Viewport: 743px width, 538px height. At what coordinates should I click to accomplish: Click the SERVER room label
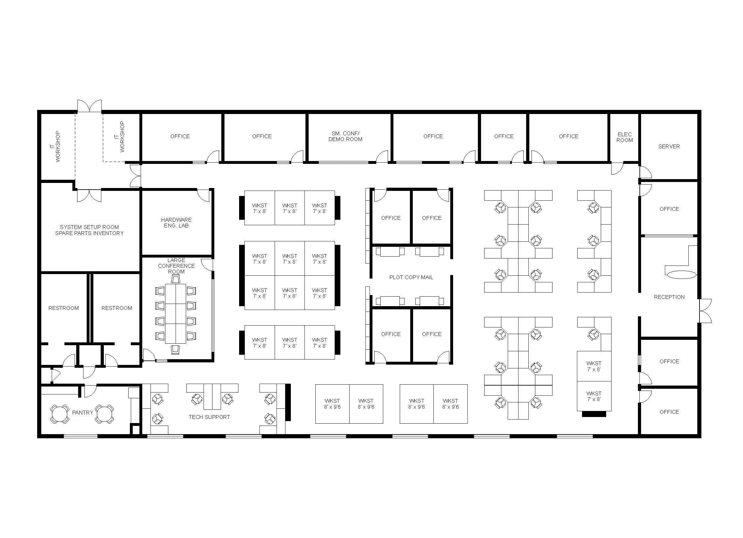[669, 146]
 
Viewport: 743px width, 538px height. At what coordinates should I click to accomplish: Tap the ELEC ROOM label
[625, 137]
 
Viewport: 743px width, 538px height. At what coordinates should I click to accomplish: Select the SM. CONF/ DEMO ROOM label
[345, 136]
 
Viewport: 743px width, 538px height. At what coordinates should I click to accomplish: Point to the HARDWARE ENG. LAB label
[176, 223]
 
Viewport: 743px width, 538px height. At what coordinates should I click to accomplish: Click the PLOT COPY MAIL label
[411, 277]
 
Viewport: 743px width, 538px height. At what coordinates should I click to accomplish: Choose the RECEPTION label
[669, 297]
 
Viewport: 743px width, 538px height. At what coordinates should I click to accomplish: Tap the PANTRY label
[83, 413]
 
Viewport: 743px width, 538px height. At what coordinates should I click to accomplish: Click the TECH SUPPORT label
[209, 417]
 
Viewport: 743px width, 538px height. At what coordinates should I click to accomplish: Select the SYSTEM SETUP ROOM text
[89, 227]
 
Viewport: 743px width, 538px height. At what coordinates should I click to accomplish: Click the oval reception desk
[681, 275]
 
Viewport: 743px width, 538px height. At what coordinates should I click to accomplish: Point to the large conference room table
[176, 313]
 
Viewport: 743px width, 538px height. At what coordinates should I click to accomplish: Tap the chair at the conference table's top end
[176, 279]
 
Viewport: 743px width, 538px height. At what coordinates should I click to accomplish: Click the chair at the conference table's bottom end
[176, 349]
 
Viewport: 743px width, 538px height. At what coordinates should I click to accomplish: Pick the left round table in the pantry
[60, 414]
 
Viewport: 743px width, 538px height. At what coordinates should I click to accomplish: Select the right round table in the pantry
[104, 414]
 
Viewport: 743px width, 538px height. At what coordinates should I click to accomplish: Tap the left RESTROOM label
[64, 308]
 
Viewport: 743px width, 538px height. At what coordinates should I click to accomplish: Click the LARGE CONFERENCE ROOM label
[176, 266]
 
